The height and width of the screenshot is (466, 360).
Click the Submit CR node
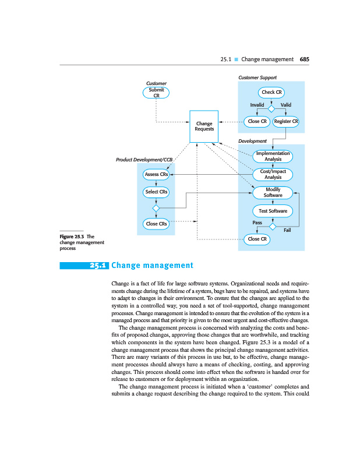[x=156, y=93]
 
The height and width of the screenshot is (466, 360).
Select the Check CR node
[x=272, y=92]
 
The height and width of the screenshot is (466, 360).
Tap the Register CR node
[x=286, y=122]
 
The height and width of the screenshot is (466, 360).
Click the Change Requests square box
[x=204, y=126]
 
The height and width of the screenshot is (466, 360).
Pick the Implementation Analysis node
[x=273, y=156]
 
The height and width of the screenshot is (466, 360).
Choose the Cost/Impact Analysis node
[x=273, y=174]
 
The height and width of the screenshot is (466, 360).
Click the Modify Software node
[x=273, y=192]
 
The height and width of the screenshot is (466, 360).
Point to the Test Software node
[x=273, y=210]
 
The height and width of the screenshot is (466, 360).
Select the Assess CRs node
[x=156, y=174]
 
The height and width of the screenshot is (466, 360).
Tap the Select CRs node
[x=156, y=192]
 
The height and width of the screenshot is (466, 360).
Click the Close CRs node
[x=156, y=224]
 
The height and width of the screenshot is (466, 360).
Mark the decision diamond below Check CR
[x=271, y=108]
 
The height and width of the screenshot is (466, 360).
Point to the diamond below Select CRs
[x=156, y=208]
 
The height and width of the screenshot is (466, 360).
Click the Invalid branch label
[x=257, y=105]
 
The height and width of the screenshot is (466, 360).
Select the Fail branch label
[x=287, y=230]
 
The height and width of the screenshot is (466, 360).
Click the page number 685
[x=305, y=59]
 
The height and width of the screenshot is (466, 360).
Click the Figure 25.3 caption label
[x=72, y=236]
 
